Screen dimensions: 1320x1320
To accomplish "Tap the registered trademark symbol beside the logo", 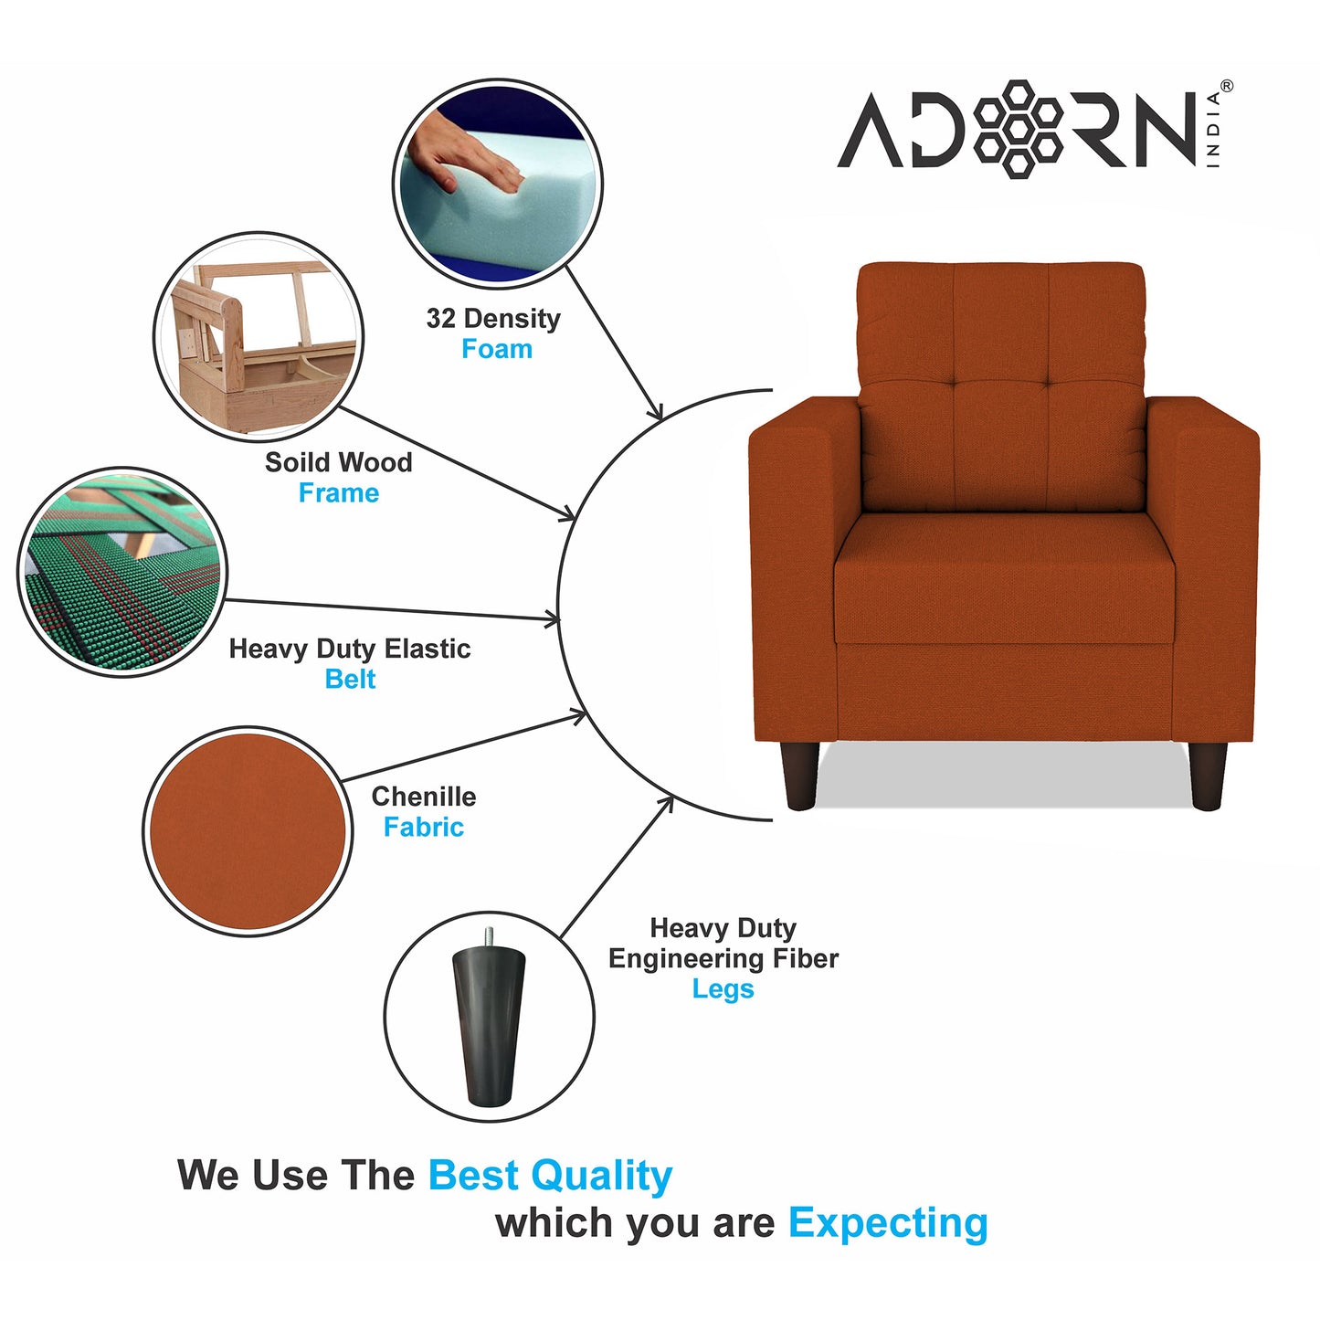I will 1226,86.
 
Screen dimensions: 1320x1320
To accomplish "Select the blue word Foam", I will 497,349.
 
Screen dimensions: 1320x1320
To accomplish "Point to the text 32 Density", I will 493,319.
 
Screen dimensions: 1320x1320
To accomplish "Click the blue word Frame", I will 339,493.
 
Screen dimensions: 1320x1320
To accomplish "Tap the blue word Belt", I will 350,680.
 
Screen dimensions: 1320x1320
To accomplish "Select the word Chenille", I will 423,797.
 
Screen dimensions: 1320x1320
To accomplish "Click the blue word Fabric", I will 423,828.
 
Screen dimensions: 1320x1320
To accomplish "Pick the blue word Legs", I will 723,989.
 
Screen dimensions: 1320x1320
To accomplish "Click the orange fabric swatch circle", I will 248,831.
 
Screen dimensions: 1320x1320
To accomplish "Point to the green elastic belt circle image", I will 122,573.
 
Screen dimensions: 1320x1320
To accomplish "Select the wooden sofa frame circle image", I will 259,336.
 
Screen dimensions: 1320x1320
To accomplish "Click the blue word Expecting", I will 888,1223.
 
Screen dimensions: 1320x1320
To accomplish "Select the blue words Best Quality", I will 550,1176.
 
